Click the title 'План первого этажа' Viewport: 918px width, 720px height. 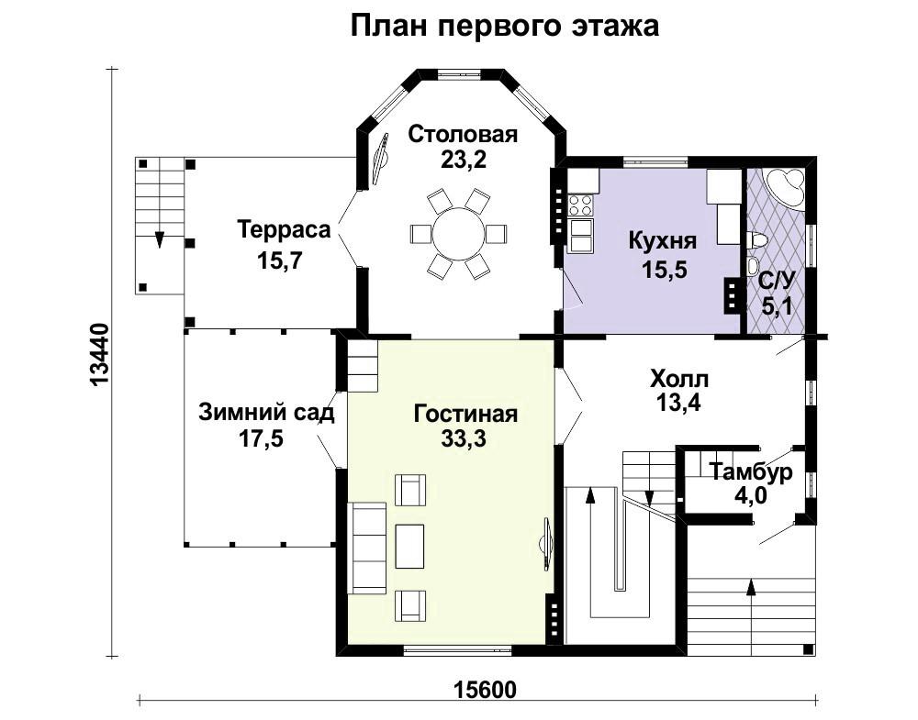point(505,27)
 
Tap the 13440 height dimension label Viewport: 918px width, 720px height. point(100,354)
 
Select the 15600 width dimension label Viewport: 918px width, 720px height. point(486,690)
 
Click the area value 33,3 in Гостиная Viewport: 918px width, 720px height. point(464,438)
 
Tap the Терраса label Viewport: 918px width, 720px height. point(284,229)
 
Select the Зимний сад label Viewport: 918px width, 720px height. point(266,413)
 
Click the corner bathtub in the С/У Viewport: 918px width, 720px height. point(780,186)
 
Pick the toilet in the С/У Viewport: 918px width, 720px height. point(757,239)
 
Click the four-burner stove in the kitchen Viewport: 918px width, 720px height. point(580,205)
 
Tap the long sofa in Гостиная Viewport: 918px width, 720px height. point(367,548)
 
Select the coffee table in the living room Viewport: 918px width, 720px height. point(409,547)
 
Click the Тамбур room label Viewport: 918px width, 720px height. point(751,471)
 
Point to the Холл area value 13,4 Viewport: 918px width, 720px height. point(678,403)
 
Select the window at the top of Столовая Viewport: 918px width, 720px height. point(462,74)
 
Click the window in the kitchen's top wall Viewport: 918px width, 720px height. point(655,161)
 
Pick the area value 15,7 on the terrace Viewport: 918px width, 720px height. point(279,260)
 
